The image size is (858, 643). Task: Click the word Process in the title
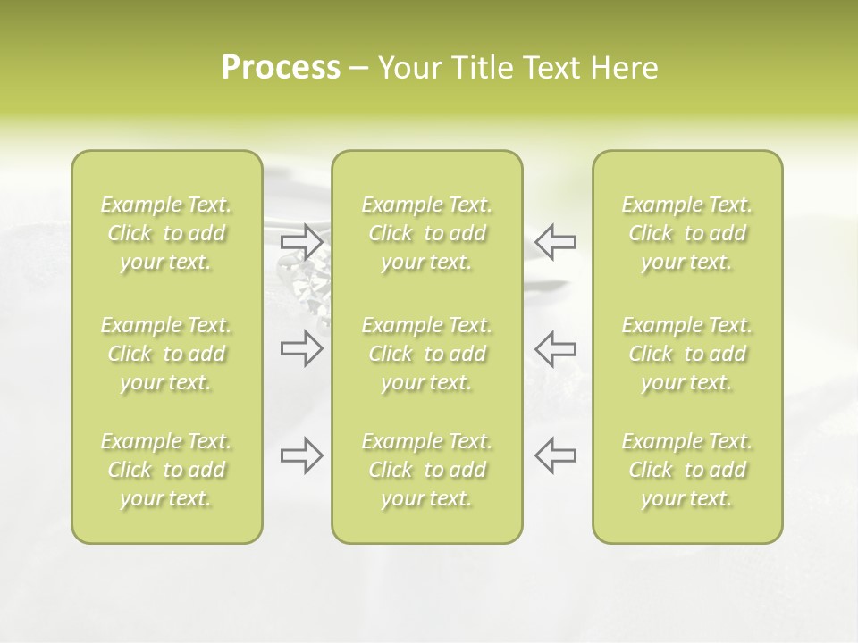(x=281, y=68)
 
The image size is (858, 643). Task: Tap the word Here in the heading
(x=625, y=68)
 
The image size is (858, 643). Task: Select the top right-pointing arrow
(x=302, y=241)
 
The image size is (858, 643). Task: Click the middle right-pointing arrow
(x=302, y=348)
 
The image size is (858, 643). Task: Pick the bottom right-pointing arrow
(x=302, y=455)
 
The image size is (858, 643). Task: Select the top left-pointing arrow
(x=555, y=241)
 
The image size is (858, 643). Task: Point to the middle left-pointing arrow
(x=555, y=348)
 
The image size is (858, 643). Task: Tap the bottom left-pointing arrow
(x=555, y=455)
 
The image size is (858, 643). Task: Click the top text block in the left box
(x=166, y=234)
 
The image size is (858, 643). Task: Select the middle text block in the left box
(x=166, y=354)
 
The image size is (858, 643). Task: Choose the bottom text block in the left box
(x=166, y=470)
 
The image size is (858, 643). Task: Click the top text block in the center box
(x=426, y=234)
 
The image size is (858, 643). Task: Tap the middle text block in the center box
(x=426, y=354)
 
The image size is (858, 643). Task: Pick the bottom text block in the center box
(x=426, y=470)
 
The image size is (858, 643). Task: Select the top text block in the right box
(x=686, y=234)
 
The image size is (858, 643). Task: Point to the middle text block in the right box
(x=686, y=354)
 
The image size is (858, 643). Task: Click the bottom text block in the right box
(x=686, y=470)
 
